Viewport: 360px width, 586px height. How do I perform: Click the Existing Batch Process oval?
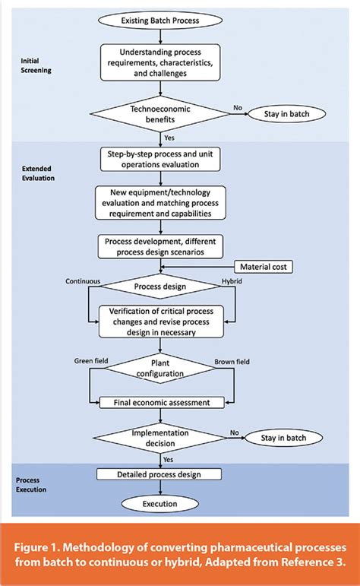pos(160,21)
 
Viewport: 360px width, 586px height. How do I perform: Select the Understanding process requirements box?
pos(160,62)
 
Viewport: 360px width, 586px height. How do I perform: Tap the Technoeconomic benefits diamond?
pos(160,114)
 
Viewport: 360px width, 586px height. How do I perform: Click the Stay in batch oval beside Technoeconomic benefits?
pos(287,114)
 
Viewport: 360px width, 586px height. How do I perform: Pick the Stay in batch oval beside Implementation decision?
pos(283,438)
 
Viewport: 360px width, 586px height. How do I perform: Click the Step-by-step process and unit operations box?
pos(160,159)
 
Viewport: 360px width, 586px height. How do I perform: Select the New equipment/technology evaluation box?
pos(160,203)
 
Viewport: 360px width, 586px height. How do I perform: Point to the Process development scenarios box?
pos(160,247)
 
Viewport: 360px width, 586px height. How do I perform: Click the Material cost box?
pos(264,267)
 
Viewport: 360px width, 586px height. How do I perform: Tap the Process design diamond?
pos(160,287)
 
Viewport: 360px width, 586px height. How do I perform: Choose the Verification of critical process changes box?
pos(161,322)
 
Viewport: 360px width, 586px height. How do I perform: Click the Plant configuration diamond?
pos(160,368)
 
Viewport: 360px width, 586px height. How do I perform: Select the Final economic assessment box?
pos(162,403)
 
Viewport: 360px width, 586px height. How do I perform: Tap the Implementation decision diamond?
pos(160,438)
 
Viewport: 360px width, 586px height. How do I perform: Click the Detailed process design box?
pos(159,474)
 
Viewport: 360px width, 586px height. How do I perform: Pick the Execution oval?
pos(159,504)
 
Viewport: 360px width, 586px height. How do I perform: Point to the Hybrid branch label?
pos(232,281)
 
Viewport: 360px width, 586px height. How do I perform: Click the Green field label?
pos(91,360)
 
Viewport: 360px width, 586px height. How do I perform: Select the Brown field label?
pos(232,362)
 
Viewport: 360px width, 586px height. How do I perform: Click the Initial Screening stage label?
pos(36,65)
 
